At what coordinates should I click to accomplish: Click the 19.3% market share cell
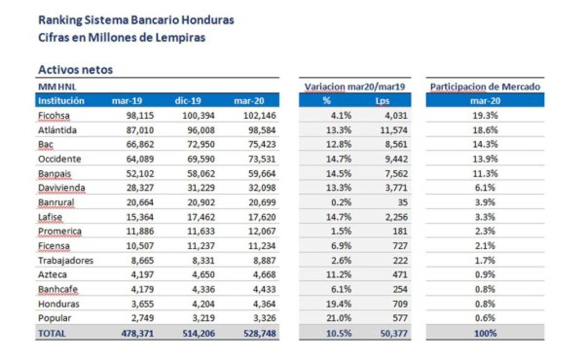[486, 116]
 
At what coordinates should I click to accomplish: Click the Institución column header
[61, 101]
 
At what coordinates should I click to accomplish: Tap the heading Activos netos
[75, 70]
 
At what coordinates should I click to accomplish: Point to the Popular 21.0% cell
[340, 319]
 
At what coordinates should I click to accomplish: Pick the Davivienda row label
[61, 188]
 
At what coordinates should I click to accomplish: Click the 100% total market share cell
[486, 334]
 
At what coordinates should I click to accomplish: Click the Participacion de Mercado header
[485, 87]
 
